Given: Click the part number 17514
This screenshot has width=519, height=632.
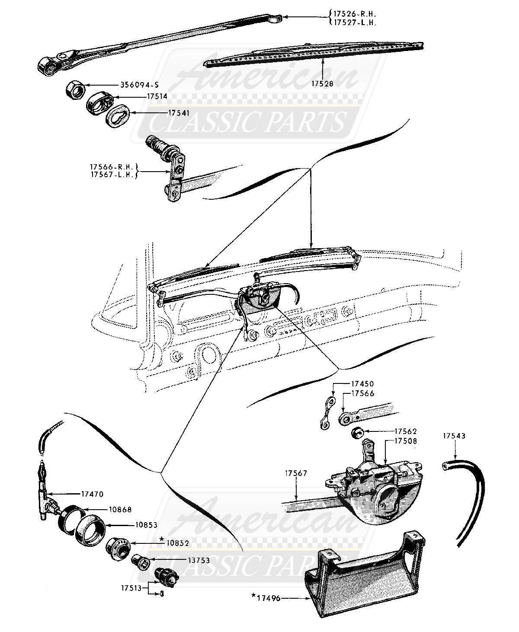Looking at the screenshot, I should (157, 96).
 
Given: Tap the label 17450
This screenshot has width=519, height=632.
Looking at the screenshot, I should (362, 383).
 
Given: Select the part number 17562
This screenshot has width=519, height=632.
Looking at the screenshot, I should (405, 431).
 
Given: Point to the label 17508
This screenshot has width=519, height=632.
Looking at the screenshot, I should (405, 441).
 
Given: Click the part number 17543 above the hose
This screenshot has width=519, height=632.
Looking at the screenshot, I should (454, 436).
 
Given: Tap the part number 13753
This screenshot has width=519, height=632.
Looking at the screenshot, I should (199, 560).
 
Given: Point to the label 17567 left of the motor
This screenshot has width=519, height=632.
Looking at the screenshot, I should (296, 474).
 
